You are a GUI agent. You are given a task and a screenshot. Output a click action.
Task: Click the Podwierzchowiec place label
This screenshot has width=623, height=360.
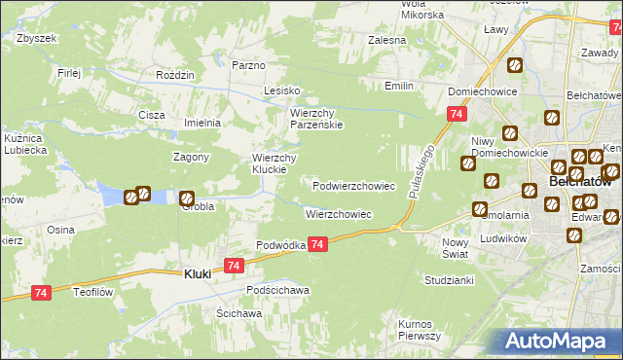[353, 185]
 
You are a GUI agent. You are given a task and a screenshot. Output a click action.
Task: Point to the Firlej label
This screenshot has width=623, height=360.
[68, 73]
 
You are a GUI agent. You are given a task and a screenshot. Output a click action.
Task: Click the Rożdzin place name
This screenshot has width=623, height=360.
[176, 75]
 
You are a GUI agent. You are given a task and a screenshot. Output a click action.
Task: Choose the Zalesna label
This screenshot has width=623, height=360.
[386, 41]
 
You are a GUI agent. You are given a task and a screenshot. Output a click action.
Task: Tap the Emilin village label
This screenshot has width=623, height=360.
[399, 87]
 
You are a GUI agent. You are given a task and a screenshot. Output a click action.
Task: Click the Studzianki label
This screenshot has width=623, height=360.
[449, 280]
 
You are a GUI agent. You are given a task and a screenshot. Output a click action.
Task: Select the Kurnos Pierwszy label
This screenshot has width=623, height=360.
[420, 329]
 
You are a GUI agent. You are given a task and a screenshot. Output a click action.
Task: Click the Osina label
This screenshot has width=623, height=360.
[60, 230]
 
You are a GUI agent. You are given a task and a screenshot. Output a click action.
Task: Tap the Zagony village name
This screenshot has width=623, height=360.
[192, 158]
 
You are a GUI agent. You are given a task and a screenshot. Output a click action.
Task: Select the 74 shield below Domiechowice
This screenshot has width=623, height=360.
[457, 115]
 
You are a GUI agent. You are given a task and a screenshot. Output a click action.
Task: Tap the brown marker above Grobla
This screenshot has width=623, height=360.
[186, 197]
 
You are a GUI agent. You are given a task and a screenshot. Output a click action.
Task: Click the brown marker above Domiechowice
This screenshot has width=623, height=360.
[514, 66]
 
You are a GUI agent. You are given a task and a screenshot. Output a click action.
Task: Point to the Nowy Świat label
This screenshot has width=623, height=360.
[456, 247]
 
